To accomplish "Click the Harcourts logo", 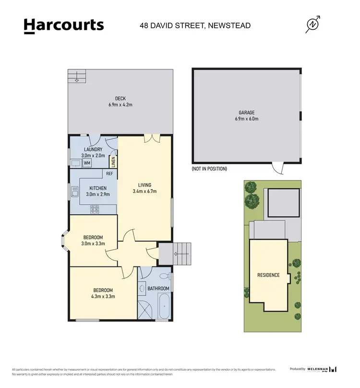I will (64, 25).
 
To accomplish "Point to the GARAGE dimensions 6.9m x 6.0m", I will (247, 119).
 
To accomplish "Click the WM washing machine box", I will (87, 163).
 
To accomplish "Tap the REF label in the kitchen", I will (109, 173).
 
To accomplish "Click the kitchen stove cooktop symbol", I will (95, 208).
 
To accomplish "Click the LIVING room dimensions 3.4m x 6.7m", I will (144, 191).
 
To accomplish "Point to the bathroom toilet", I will (164, 277).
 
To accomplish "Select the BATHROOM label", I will (158, 289).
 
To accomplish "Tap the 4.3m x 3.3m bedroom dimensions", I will (103, 296).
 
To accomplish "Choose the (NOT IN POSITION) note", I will (209, 169).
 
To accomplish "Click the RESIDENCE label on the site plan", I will (268, 275).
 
